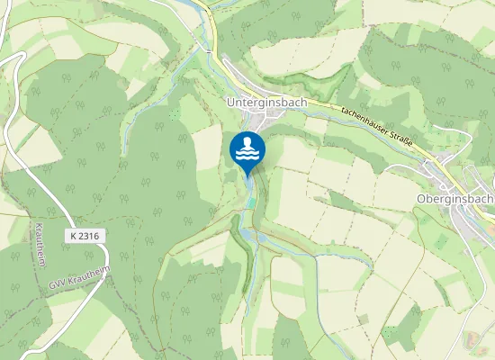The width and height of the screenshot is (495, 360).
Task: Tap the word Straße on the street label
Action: (396, 136)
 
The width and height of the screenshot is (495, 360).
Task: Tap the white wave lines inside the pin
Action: (247, 155)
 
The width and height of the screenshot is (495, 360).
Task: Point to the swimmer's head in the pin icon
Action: (247, 142)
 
